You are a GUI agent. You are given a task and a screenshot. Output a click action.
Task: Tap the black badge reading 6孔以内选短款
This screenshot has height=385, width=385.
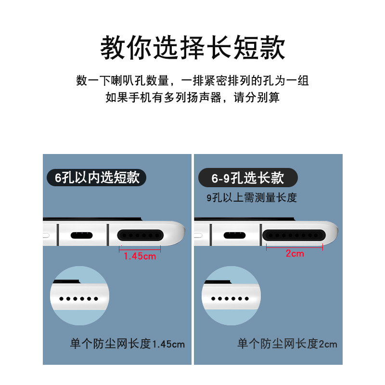(x=96, y=178)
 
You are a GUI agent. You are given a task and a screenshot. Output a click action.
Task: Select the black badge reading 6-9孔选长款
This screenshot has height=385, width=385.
(x=248, y=178)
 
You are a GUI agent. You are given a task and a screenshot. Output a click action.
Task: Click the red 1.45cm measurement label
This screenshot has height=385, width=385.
(x=140, y=256)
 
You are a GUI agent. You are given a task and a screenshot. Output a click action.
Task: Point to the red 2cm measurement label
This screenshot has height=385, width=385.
(x=295, y=254)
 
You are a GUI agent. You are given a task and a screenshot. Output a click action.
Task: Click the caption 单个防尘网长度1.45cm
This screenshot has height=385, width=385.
(x=128, y=344)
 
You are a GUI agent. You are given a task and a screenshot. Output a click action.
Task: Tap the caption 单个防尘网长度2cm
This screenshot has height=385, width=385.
(x=287, y=344)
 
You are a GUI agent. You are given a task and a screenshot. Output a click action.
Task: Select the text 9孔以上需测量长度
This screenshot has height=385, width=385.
(x=252, y=197)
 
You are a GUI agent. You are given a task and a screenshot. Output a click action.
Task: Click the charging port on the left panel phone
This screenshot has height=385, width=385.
(x=82, y=236)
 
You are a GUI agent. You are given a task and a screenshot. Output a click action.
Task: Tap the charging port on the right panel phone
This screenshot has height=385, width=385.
(x=234, y=236)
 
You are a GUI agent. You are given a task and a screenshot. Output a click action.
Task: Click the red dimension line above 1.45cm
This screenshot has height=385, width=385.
(x=140, y=248)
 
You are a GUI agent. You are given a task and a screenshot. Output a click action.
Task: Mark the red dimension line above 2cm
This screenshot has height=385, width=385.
(x=295, y=247)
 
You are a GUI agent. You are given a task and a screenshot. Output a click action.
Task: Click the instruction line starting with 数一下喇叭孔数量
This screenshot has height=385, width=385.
(x=192, y=80)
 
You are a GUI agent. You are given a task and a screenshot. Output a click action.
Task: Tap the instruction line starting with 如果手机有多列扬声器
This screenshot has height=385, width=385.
(x=192, y=98)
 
